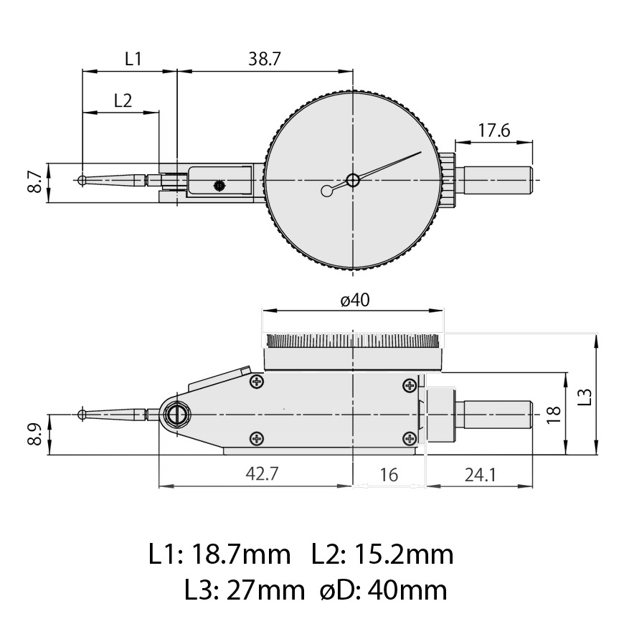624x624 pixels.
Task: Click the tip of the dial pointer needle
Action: [x=421, y=152]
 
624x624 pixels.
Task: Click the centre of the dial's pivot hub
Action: [x=353, y=180]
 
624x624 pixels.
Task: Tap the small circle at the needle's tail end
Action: [x=326, y=192]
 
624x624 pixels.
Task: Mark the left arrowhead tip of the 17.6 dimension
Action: [x=455, y=142]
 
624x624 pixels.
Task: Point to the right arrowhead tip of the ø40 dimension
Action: [x=443, y=311]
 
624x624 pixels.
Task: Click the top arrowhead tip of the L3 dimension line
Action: [x=596, y=335]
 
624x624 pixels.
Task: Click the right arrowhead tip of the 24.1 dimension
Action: [x=532, y=486]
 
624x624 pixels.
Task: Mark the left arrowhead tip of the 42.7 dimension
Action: [x=159, y=486]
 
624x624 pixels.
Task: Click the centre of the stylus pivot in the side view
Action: [x=176, y=415]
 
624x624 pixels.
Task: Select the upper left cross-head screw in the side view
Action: [x=257, y=382]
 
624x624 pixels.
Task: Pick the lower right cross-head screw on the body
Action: [x=410, y=438]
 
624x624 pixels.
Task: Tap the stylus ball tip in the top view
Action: [x=82, y=180]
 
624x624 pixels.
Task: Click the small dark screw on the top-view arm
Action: [x=219, y=185]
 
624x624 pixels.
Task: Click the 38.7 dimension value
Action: [x=265, y=59]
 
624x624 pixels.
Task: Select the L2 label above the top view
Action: [x=123, y=100]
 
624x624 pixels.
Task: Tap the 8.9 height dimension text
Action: [x=34, y=434]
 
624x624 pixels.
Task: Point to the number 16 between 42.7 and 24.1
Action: [x=389, y=475]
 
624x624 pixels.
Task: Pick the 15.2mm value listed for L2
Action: [x=404, y=554]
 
